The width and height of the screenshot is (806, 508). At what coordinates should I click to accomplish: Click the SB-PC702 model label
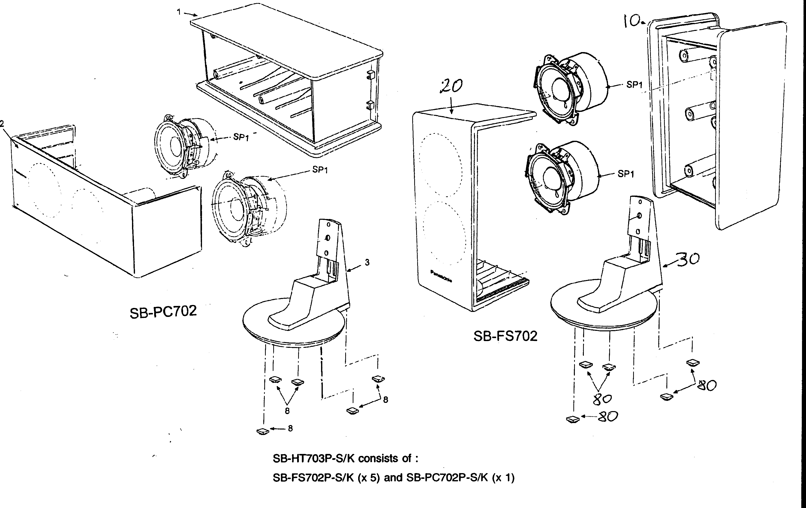click(x=163, y=312)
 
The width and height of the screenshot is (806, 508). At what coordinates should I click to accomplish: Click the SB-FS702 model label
click(x=505, y=336)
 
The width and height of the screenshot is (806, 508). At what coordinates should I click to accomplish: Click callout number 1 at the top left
click(x=179, y=12)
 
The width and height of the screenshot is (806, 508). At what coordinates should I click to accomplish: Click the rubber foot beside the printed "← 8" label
click(x=263, y=431)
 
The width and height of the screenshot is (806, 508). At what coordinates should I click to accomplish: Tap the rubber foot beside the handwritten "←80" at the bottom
click(x=573, y=419)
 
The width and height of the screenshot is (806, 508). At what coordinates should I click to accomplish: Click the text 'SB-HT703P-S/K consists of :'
click(x=345, y=458)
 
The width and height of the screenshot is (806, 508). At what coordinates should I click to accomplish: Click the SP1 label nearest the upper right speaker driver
click(x=634, y=85)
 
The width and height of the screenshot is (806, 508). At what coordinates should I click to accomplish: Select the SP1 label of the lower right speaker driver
click(x=626, y=174)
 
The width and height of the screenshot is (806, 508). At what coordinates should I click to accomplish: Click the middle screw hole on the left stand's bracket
click(x=328, y=238)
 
